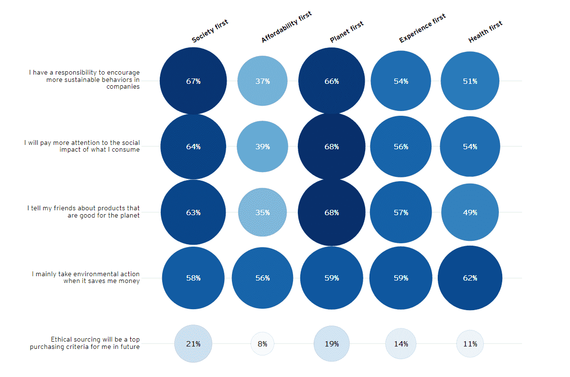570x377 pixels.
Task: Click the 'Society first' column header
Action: [210, 31]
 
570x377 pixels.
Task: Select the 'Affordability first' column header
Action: [286, 27]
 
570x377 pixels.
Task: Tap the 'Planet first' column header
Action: [346, 32]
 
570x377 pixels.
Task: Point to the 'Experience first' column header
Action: [422, 29]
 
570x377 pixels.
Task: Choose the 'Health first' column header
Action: [485, 32]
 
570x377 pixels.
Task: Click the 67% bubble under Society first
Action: [193, 81]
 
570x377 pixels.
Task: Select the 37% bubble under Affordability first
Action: [262, 81]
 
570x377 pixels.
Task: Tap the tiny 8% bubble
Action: [262, 344]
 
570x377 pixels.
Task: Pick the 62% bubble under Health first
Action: [470, 278]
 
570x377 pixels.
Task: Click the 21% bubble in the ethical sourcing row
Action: [193, 344]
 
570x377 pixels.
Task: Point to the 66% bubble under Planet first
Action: [332, 81]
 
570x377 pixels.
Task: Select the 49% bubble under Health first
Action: [470, 212]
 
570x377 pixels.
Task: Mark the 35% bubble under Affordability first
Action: [262, 212]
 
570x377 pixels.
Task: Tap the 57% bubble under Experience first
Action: [401, 212]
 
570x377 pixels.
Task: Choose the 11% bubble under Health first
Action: [470, 344]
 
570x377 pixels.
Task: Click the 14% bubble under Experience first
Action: [401, 344]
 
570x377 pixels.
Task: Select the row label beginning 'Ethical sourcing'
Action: [85, 343]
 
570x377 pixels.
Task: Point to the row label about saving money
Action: [86, 278]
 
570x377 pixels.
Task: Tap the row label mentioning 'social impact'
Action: [82, 146]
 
